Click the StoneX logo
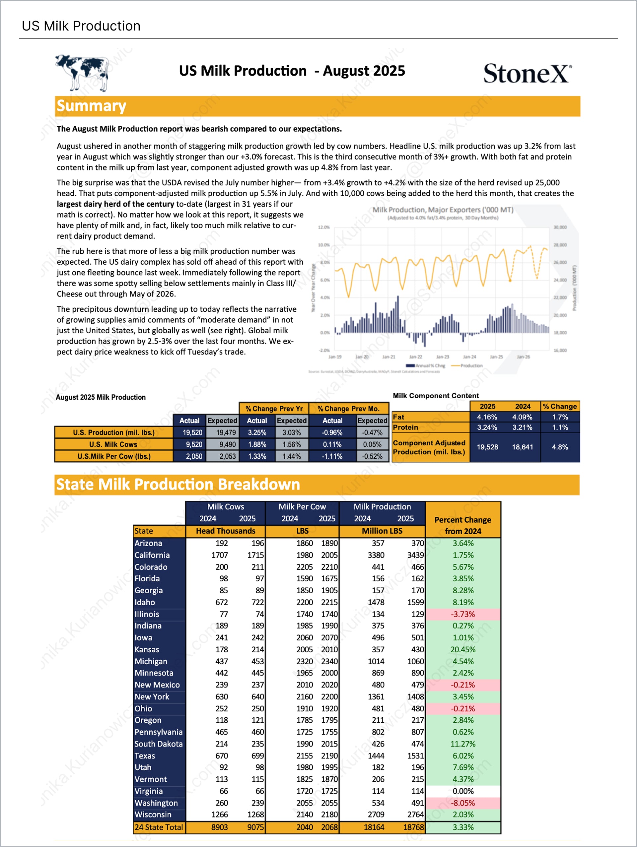point(527,73)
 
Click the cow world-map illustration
point(82,72)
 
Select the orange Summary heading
point(92,106)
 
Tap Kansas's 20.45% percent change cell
point(463,649)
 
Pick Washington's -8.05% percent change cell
point(463,803)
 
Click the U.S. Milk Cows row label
point(113,444)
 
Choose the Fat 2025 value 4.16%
point(487,417)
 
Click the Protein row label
point(406,427)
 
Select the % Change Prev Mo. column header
point(348,409)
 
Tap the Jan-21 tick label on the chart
point(389,357)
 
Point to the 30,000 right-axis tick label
point(560,227)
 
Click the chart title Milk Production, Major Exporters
point(443,210)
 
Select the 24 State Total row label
point(159,827)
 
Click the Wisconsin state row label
point(153,814)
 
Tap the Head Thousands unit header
point(225,531)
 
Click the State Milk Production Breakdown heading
point(178,485)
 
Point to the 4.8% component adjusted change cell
point(560,447)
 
